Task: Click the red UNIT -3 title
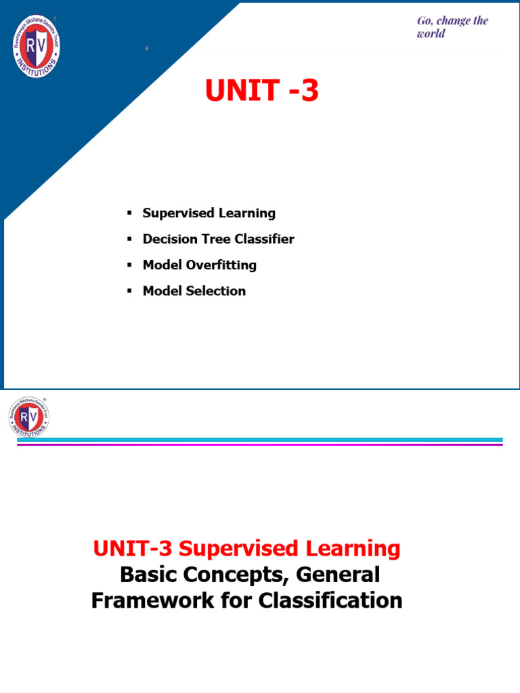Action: click(261, 91)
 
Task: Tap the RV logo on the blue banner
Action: click(37, 46)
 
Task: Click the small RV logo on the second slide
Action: click(29, 416)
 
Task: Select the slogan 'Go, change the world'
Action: click(452, 27)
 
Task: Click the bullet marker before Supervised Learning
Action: click(129, 213)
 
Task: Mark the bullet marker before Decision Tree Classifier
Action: click(129, 239)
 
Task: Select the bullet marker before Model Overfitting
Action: click(129, 265)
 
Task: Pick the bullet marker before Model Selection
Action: click(129, 291)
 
